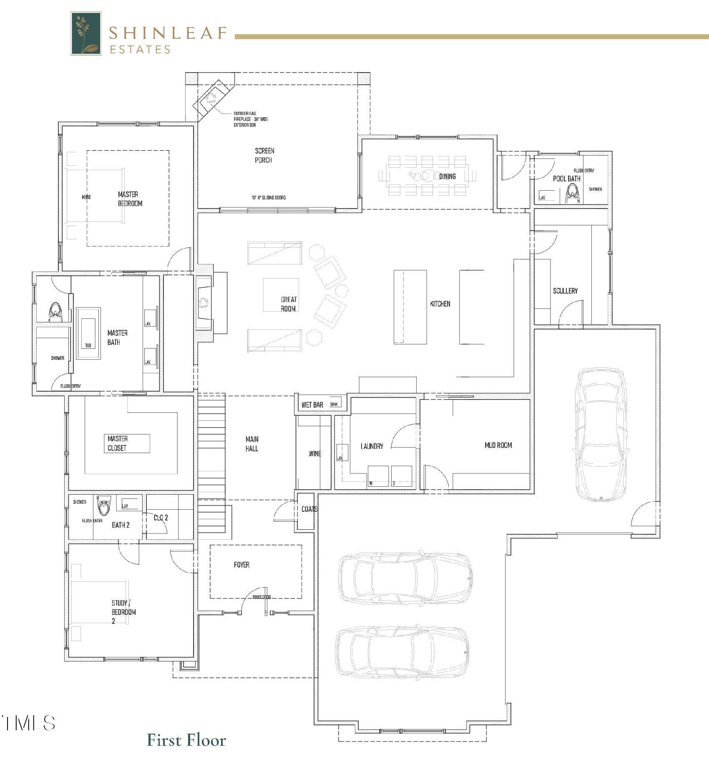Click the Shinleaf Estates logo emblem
[x=86, y=33]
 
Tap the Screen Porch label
[x=264, y=155]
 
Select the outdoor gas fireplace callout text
[x=251, y=119]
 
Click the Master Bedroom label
[x=130, y=199]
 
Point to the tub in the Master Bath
[x=88, y=333]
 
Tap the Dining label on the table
[x=447, y=176]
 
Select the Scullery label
[x=565, y=291]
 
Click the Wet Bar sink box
[x=334, y=404]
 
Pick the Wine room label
[x=314, y=453]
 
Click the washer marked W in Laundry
[x=378, y=476]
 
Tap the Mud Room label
[x=498, y=445]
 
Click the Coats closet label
[x=309, y=509]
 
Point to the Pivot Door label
[x=261, y=597]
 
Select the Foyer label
[x=241, y=564]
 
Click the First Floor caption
[x=186, y=739]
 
